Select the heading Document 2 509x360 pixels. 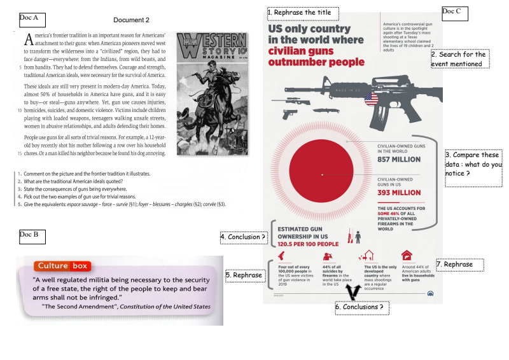tap(132, 21)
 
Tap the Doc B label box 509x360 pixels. tap(32, 236)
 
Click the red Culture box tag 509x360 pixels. tap(62, 266)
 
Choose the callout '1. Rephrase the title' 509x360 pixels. tap(303, 13)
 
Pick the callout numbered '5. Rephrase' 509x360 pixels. tap(244, 275)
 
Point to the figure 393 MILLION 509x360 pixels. tap(399, 193)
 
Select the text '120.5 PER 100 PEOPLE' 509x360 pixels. tap(303, 244)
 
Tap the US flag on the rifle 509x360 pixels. tap(372, 99)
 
